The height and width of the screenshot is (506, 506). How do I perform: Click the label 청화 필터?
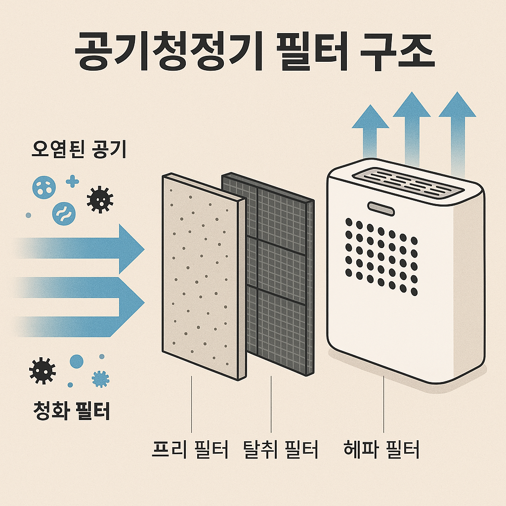pyautogui.click(x=72, y=410)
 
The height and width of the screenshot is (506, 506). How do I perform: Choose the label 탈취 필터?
pyautogui.click(x=280, y=450)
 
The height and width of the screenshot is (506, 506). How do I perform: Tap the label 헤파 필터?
pyautogui.click(x=381, y=450)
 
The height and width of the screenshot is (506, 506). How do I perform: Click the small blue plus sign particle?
pyautogui.click(x=73, y=181)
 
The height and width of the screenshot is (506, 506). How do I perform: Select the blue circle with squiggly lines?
pyautogui.click(x=64, y=211)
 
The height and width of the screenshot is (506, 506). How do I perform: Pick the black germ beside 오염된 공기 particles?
pyautogui.click(x=100, y=199)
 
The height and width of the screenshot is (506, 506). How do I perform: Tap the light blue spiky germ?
pyautogui.click(x=101, y=379)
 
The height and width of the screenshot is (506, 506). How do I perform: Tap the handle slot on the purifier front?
pyautogui.click(x=381, y=208)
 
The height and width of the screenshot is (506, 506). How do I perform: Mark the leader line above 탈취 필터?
pyautogui.click(x=271, y=403)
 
